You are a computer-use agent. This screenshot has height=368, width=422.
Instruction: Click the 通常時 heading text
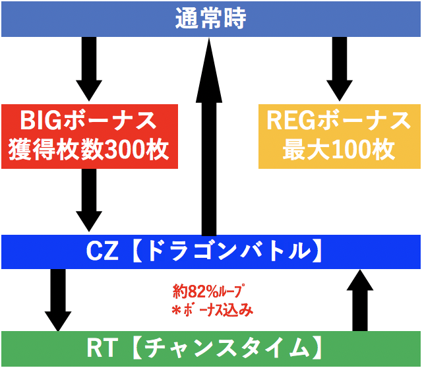pos(210,18)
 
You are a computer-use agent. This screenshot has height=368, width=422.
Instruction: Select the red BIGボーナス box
pos(89,136)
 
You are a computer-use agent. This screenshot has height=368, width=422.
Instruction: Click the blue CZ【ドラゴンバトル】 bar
pos(210,251)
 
